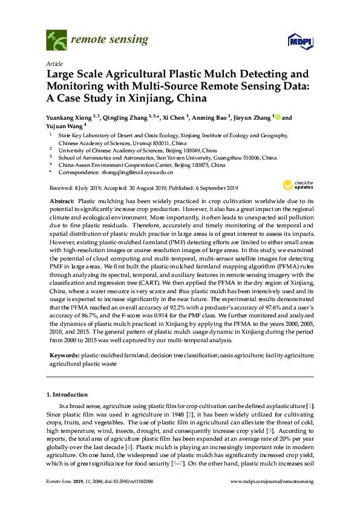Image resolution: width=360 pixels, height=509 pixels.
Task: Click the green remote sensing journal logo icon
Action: click(56, 41)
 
